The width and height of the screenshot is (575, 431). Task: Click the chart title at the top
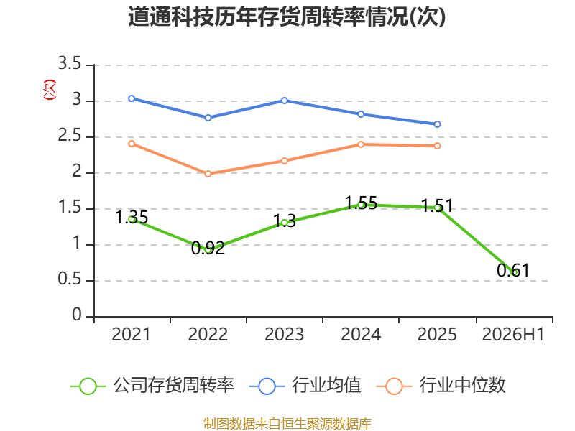287,17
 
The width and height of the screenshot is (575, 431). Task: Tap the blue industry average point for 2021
132,98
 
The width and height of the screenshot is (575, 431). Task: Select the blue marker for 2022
208,118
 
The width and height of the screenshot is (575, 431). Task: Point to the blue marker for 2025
437,124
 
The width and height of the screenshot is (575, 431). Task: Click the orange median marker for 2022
208,174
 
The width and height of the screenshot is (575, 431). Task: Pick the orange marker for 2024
361,144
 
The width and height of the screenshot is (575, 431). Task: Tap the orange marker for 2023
285,161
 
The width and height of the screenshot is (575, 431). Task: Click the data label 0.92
208,248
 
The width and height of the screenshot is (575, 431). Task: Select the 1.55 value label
362,203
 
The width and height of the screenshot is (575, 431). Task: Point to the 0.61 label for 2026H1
513,271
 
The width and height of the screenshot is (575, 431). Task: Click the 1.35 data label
132,218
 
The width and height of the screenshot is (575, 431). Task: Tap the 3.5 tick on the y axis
70,63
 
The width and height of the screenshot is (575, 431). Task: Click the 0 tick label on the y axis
77,315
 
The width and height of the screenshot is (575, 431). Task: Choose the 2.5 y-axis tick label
70,135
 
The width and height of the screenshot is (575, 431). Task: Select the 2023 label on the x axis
285,334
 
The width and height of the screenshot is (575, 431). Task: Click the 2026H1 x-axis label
513,334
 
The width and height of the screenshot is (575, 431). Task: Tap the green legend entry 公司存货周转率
152,386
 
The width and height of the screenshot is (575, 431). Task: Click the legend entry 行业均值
305,386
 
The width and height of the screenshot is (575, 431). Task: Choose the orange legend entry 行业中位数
441,386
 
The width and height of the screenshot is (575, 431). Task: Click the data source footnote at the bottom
287,424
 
